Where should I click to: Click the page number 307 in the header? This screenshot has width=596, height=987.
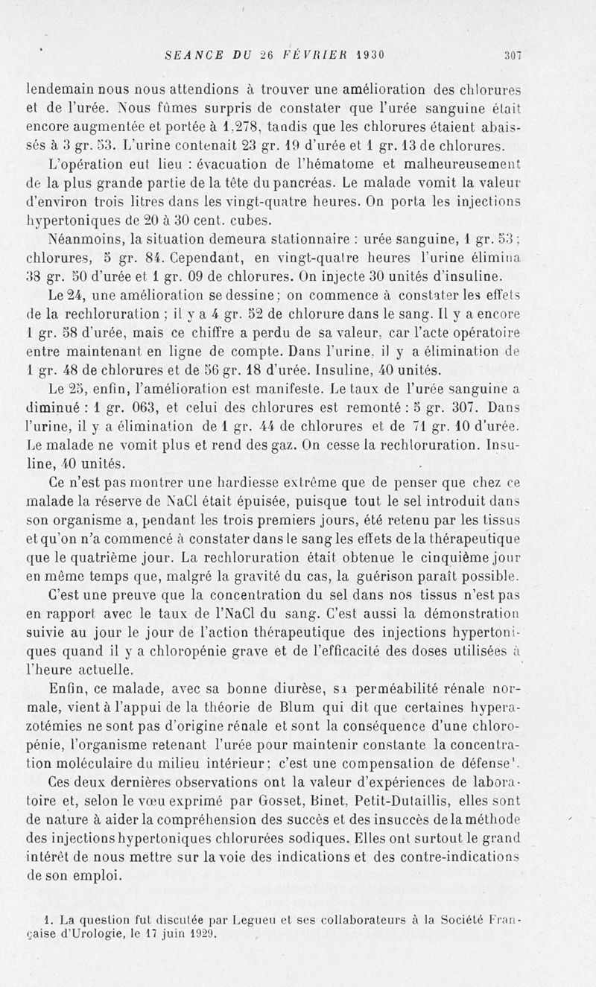(511, 54)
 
